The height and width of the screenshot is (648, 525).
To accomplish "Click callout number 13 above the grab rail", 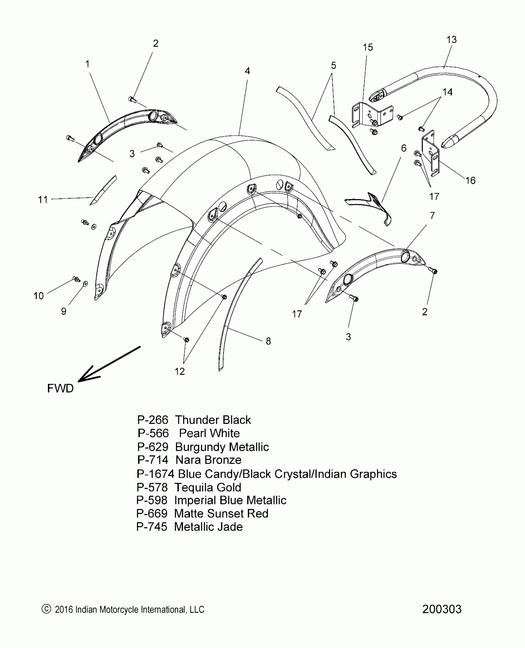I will (x=451, y=39).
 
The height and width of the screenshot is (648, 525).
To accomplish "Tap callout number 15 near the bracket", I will (x=367, y=47).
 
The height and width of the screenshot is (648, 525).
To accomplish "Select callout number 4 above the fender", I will (x=247, y=71).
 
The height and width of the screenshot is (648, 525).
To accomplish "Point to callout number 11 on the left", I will (x=43, y=200).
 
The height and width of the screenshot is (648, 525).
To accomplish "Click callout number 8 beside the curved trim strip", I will (x=268, y=341).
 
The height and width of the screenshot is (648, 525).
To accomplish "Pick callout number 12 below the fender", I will (x=179, y=371).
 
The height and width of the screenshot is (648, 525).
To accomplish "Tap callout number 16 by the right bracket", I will (x=470, y=181).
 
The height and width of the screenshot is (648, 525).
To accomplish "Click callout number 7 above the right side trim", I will (x=432, y=215).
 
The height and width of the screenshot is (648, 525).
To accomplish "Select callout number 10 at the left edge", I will (x=39, y=296).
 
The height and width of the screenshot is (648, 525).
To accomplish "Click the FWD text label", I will (x=60, y=388).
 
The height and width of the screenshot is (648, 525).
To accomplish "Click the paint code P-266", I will (x=153, y=420).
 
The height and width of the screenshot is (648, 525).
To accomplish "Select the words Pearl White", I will (x=209, y=433).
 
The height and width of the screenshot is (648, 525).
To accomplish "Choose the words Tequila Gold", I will (x=208, y=487).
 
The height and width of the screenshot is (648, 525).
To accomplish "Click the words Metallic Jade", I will (x=208, y=527).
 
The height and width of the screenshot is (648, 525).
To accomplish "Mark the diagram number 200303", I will (x=442, y=609).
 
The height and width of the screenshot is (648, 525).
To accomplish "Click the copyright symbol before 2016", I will (x=46, y=609).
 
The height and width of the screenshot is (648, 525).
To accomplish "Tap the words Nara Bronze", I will (x=208, y=460).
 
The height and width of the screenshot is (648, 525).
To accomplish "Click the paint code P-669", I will (x=152, y=513).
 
